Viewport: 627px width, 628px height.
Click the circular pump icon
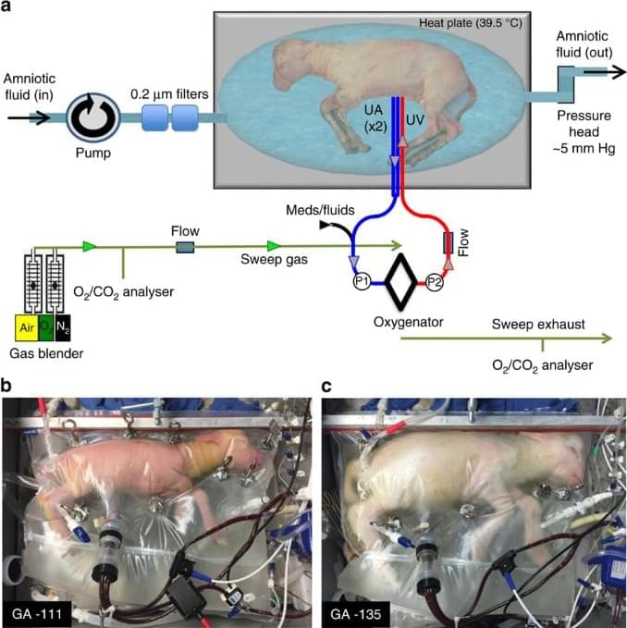(93, 117)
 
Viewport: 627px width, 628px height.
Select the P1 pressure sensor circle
(362, 281)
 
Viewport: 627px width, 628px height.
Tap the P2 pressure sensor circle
(434, 282)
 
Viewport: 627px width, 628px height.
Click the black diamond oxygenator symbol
(400, 282)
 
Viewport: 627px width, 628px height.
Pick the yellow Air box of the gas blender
(27, 327)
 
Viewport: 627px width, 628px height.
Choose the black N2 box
(63, 327)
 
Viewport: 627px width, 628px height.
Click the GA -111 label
(37, 613)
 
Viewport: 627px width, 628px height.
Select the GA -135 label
(355, 613)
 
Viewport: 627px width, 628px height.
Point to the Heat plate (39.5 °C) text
(471, 23)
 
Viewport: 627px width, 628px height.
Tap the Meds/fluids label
(320, 210)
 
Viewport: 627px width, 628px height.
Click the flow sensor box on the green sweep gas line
(185, 247)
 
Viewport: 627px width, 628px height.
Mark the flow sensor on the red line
(448, 242)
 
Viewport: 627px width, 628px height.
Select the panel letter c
(326, 387)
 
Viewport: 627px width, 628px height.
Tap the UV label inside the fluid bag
(415, 119)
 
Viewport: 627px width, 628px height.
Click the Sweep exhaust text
(538, 324)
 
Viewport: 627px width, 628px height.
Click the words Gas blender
(46, 353)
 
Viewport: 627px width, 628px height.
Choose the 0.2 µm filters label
(169, 94)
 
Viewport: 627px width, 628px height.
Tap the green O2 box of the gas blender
(46, 327)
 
